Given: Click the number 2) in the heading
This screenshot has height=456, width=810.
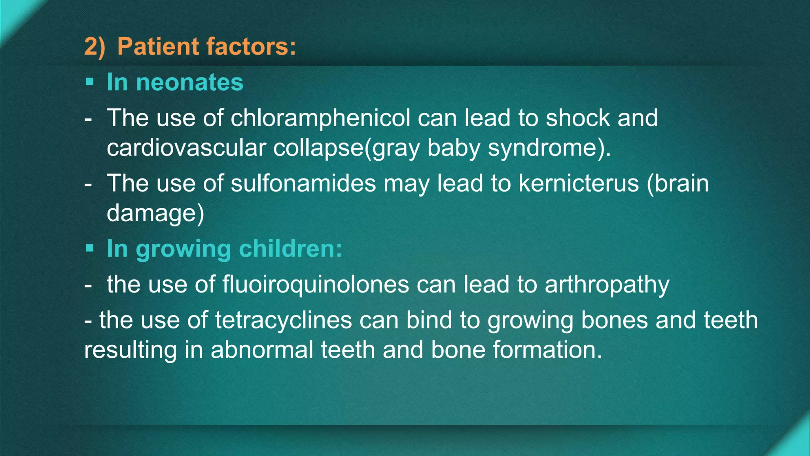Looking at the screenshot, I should [95, 47].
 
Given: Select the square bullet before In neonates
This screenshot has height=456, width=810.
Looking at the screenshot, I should [90, 82].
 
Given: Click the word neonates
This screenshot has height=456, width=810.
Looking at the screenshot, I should [189, 82].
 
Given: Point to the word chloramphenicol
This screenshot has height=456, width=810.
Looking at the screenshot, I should [320, 118].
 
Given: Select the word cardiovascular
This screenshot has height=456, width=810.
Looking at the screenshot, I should [186, 148].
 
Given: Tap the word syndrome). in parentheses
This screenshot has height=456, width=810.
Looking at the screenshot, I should [549, 148].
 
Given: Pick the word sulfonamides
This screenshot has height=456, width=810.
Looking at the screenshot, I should [303, 183].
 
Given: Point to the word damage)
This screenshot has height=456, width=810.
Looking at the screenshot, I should [155, 213].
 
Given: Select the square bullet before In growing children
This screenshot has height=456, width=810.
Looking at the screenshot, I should [90, 249].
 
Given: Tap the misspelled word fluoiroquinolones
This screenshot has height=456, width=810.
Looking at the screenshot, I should [316, 284].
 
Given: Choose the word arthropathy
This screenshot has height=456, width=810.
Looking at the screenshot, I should [607, 284].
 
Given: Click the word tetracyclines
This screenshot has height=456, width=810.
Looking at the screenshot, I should [283, 320].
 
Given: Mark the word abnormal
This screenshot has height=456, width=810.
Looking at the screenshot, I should [262, 350].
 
